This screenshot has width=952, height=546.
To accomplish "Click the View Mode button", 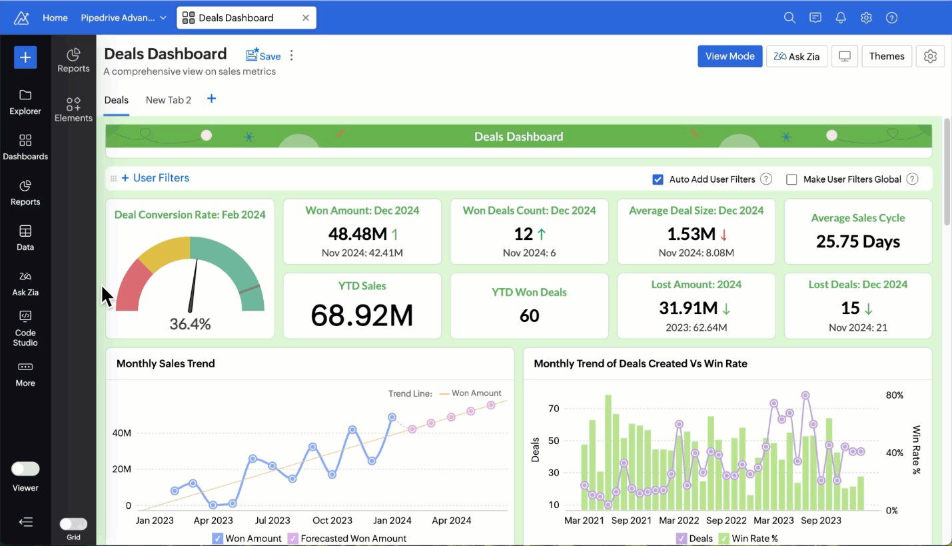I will [x=729, y=57].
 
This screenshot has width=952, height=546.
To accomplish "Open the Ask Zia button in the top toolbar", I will [x=797, y=57].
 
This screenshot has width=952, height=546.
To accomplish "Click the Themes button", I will [x=886, y=57].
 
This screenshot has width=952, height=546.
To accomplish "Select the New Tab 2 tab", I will [x=168, y=100].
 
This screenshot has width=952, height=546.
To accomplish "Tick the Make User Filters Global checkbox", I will [x=791, y=179].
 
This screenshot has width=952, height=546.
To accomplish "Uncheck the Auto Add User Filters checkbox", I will [x=658, y=179].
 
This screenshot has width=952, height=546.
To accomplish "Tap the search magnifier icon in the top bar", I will [x=789, y=18].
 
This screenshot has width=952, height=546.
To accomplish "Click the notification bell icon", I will [x=841, y=18].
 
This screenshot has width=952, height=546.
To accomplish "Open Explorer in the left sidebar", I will [x=25, y=101].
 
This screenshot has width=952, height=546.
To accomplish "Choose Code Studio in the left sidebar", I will [x=25, y=328].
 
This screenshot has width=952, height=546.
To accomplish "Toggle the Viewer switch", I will [x=25, y=469].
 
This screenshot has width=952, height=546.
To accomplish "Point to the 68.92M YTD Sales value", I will [x=362, y=315].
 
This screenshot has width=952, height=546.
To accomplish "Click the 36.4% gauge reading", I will [x=190, y=325].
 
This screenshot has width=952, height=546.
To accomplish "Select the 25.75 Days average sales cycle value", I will [x=857, y=242].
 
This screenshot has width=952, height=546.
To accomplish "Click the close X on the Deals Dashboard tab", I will [x=306, y=18].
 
